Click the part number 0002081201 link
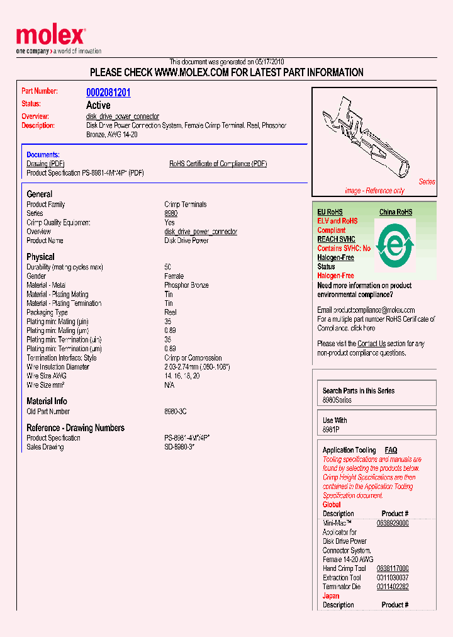[108, 93]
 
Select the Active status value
[98, 105]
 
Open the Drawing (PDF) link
[45, 164]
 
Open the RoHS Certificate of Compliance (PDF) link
[218, 164]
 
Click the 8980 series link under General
[171, 213]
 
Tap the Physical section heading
[40, 257]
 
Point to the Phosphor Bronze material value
[186, 285]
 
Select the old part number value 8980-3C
[175, 412]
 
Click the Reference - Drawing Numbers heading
[75, 428]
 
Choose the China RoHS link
[395, 212]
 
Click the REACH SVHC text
[336, 239]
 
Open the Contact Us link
[371, 344]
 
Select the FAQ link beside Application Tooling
[391, 450]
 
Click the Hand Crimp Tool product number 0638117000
[393, 568]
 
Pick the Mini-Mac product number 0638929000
[393, 523]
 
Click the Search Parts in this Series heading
[359, 391]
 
